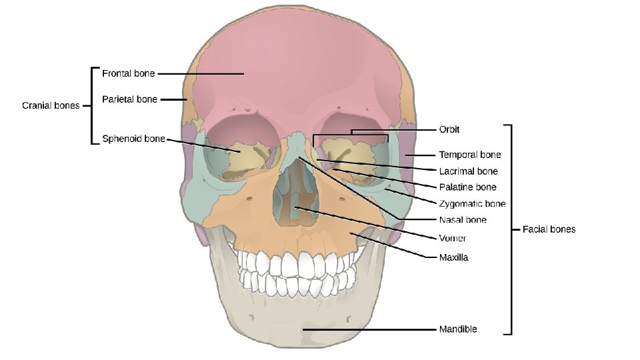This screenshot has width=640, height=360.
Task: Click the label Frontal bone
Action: pos(128,73)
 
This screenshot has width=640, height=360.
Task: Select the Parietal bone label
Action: pos(129,99)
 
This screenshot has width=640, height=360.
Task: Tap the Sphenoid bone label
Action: pos(133,139)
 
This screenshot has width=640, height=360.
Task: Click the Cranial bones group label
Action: pos(51,105)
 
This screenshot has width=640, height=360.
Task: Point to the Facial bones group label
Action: pos(549,229)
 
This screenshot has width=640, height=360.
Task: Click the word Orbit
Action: pos(449,129)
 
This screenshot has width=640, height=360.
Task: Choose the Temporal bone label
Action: pos(469,155)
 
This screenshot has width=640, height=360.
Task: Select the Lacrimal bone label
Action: pos(468,171)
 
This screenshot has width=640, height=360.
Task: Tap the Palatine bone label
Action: pos(467,187)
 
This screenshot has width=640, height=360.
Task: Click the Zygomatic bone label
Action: pos(472,203)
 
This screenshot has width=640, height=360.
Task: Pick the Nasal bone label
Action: pos(463,220)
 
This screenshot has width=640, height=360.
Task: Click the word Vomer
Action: pos(452,238)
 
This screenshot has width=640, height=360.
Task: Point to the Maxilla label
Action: pos(453,257)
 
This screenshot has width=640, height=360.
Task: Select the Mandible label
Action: pos(457,329)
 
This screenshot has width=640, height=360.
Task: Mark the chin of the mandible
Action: pos(300,330)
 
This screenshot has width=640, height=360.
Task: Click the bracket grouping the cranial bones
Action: pos(92,105)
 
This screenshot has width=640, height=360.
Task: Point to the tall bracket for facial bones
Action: pos(511,229)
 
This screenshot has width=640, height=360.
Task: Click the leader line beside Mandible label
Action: pos(373,329)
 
